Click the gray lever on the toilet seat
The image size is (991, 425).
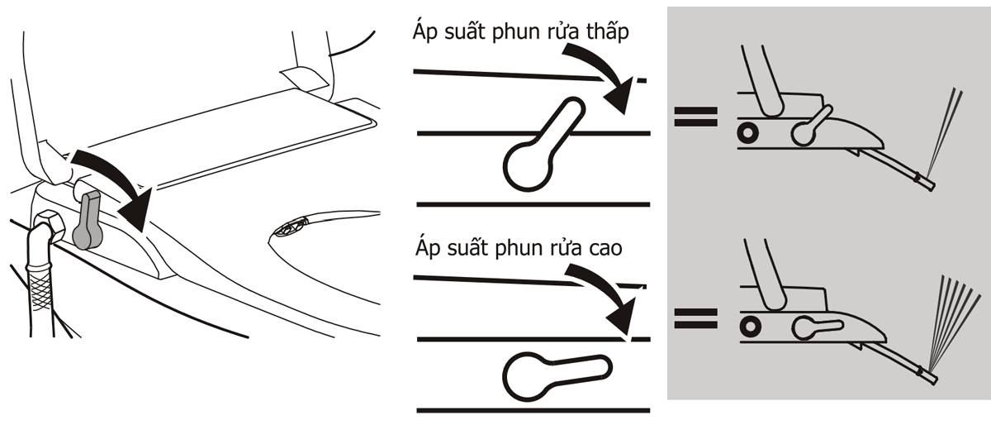[x=88, y=221]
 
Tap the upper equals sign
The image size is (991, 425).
[x=694, y=116]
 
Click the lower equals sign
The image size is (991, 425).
[x=694, y=319]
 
